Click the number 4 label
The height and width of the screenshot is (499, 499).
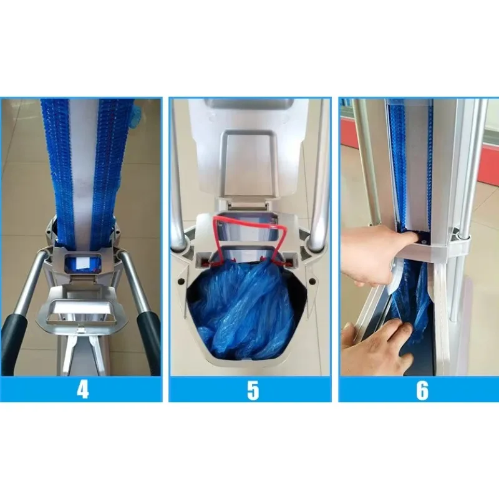click(82, 389)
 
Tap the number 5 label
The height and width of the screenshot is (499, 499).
click(253, 390)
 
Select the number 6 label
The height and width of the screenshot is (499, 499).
click(422, 390)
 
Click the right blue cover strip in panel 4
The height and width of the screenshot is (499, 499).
click(113, 168)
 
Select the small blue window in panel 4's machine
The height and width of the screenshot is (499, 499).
click(82, 263)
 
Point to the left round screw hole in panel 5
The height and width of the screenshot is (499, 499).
click(182, 281)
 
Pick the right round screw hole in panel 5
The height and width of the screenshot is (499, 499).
click(312, 281)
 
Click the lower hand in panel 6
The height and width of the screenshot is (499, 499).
click(375, 347)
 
